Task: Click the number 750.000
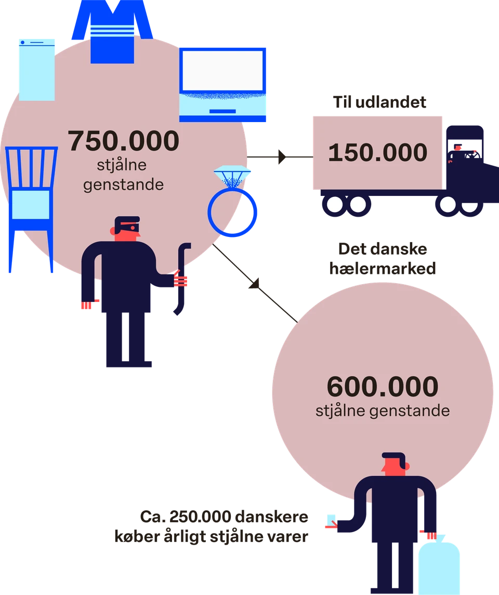coord(123,141)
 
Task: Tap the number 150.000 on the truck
coord(377,153)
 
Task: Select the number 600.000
coord(383,387)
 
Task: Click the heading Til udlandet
coord(379,102)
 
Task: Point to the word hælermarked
coord(383,268)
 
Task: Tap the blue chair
coord(32,209)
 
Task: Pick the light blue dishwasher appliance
coord(37,70)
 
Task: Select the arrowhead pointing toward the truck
coord(282,157)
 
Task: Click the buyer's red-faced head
coord(395,464)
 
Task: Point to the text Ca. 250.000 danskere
coord(224,517)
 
